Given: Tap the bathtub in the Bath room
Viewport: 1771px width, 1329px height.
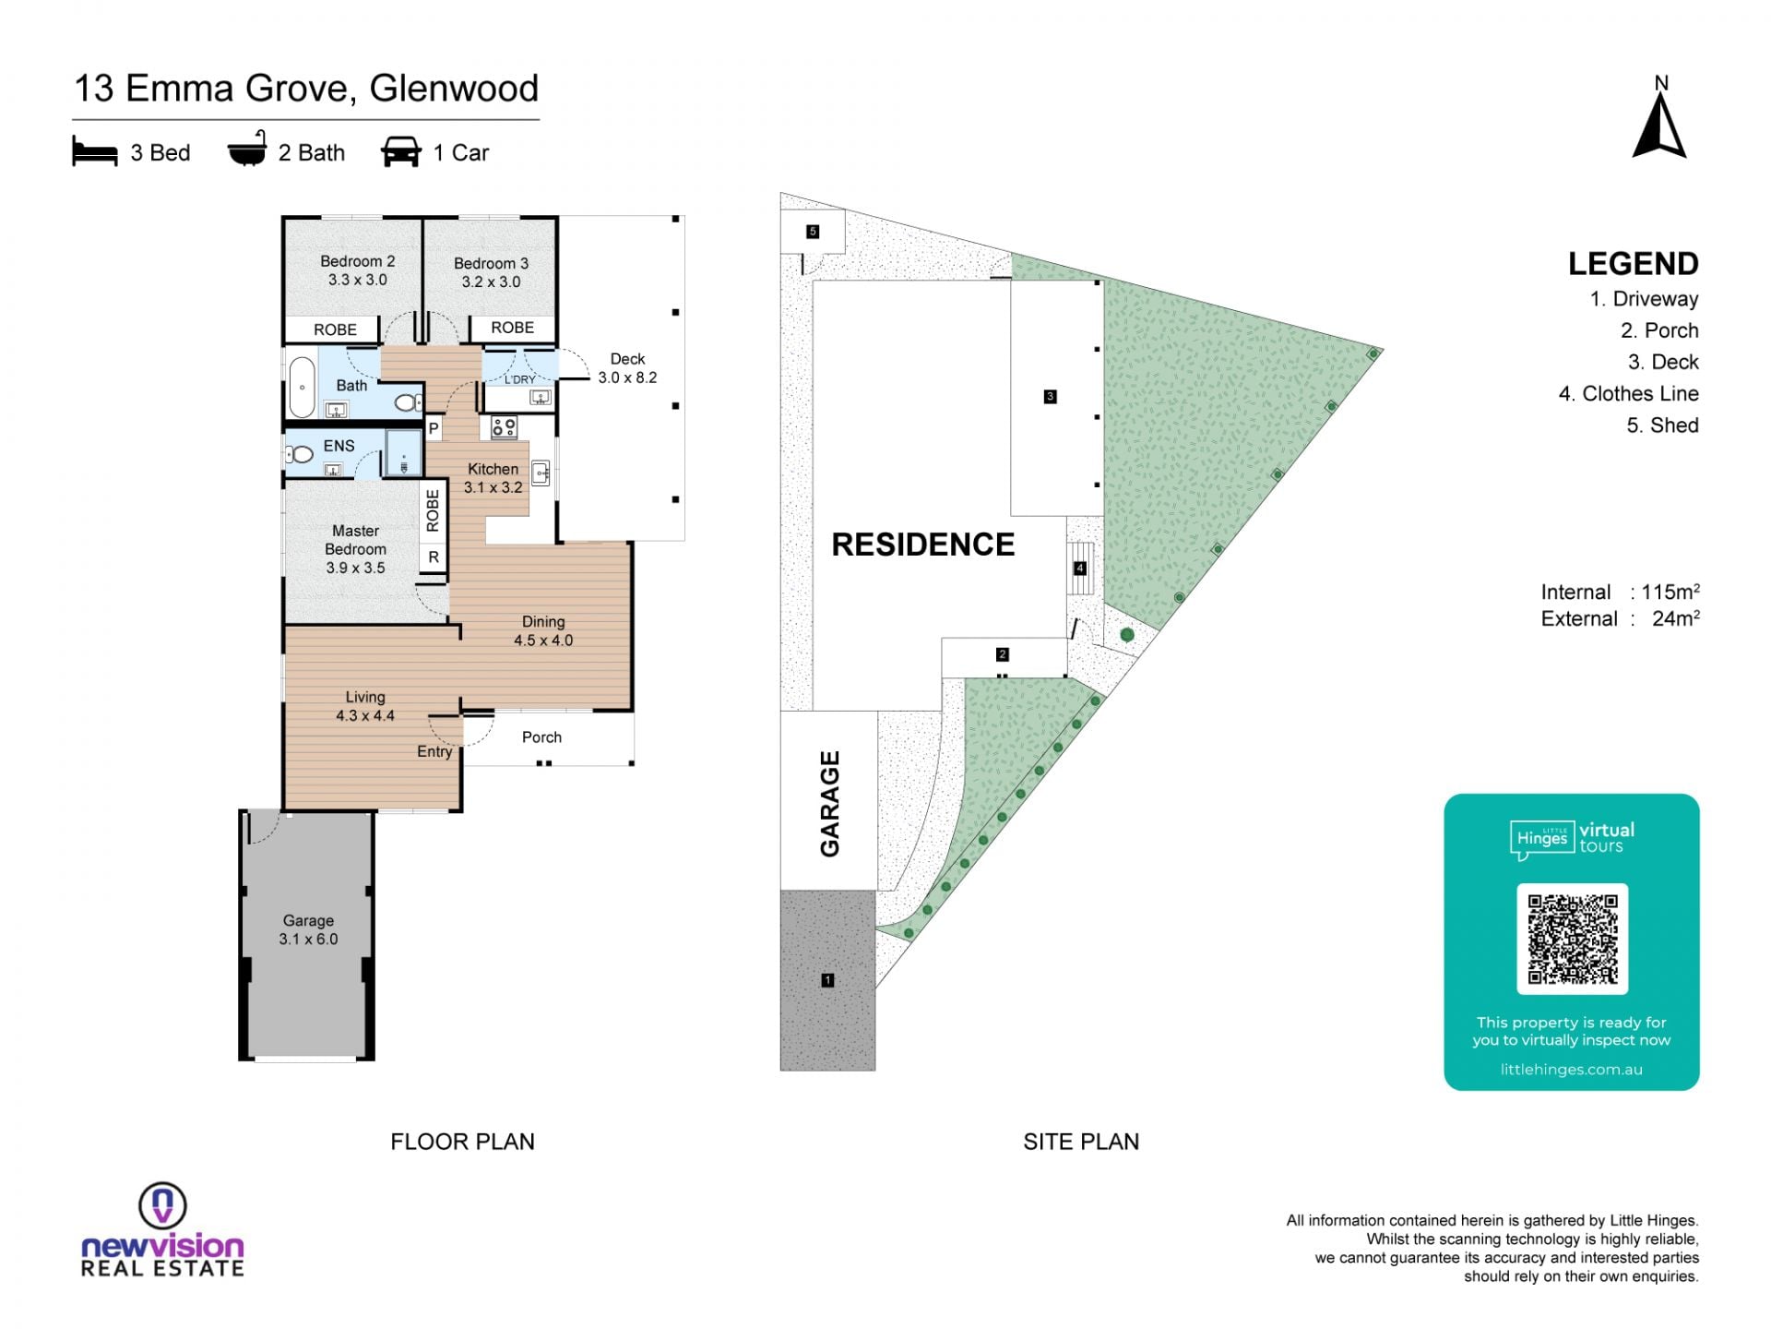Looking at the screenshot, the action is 302,388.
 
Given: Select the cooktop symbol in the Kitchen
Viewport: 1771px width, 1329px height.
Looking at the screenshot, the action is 504,426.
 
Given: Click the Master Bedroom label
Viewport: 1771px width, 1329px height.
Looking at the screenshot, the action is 355,549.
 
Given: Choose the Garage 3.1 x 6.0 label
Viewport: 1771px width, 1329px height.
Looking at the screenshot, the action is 308,929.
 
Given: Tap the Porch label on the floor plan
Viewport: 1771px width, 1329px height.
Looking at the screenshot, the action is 541,737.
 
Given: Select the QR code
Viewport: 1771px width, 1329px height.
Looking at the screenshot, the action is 1572,939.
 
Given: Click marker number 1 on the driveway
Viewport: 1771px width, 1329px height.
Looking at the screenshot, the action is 827,980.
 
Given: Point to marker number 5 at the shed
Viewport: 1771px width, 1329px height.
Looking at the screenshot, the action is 813,232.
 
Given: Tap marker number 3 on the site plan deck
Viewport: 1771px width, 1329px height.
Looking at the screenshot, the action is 1050,397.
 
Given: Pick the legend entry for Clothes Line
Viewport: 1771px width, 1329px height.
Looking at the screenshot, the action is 1628,394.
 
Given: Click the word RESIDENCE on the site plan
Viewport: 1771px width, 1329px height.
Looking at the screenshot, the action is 923,545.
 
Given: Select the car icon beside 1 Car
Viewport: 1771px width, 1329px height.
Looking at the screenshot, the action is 400,152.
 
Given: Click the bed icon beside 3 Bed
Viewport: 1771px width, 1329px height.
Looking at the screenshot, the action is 95,152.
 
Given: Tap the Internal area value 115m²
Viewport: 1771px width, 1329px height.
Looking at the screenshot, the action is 1670,592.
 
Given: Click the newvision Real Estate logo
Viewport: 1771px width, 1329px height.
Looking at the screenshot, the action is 162,1230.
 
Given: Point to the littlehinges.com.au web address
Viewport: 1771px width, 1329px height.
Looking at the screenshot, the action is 1571,1070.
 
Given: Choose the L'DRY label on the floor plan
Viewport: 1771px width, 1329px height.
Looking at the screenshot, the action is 519,379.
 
